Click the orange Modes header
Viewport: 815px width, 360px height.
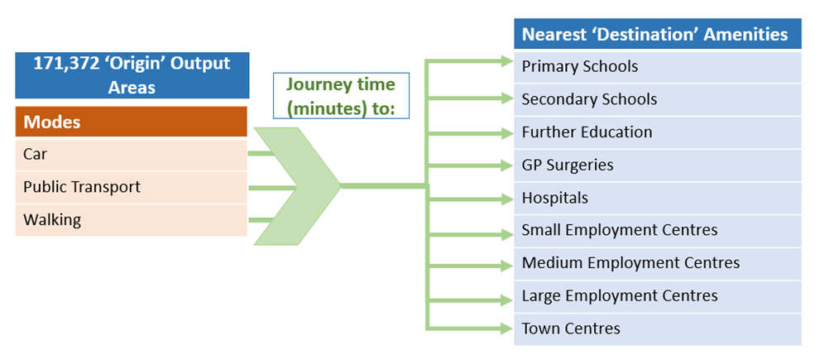point(131,122)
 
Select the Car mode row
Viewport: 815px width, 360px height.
point(131,154)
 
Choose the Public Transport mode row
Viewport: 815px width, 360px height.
point(131,187)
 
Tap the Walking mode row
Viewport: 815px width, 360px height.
point(131,220)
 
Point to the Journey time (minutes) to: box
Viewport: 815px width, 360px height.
point(340,96)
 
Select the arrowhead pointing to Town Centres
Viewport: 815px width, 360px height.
point(506,328)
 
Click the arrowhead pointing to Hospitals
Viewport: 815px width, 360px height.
point(506,199)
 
